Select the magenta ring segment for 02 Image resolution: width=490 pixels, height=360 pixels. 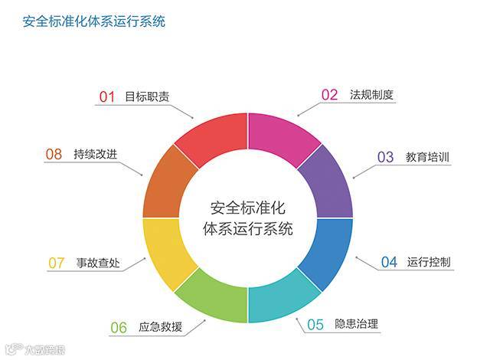pos(284,140)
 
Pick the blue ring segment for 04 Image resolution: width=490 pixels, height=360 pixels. pos(328,252)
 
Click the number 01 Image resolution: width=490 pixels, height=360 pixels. pos(107,97)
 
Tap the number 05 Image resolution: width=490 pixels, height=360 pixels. pos(315,325)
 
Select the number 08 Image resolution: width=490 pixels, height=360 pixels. pos(54,155)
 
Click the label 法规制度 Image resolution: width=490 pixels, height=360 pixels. pos(371,95)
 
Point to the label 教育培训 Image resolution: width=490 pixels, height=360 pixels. pos(427,157)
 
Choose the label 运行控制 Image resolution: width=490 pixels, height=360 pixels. pos(430,262)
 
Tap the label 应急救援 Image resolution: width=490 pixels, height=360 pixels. pos(161,328)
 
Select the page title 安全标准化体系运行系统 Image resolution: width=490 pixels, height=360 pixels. pos(93,21)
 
